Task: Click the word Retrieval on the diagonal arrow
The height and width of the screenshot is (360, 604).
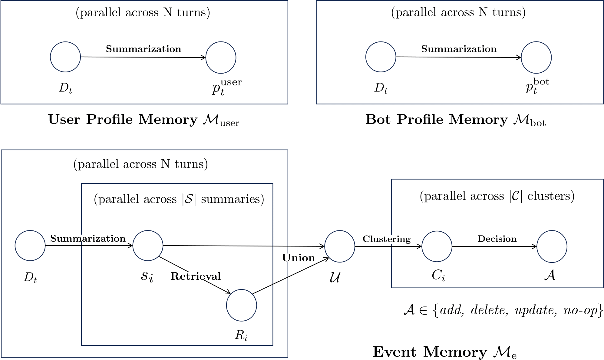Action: tap(196, 276)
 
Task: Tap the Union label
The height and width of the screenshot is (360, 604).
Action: tap(299, 258)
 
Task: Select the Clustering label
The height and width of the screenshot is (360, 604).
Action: tap(387, 239)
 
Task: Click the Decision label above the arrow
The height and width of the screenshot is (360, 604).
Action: tap(497, 239)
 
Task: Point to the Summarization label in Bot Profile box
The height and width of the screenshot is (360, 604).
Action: tap(459, 49)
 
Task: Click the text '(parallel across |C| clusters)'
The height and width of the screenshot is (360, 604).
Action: tap(497, 196)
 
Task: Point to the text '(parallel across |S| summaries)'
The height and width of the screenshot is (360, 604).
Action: tap(179, 199)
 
